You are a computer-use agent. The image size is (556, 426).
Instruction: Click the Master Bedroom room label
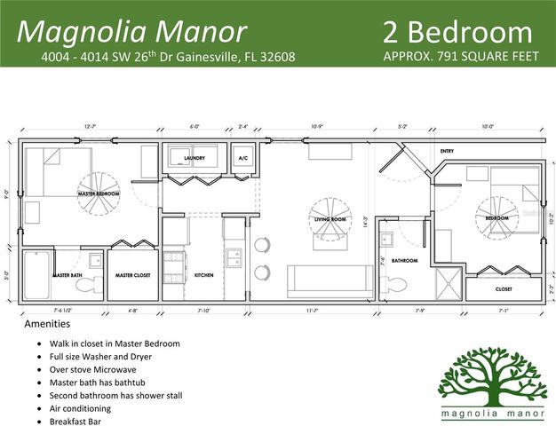99,193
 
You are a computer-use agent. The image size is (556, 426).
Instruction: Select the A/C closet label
242,158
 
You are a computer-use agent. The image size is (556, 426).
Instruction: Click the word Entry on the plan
447,151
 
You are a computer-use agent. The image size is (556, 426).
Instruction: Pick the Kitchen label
204,275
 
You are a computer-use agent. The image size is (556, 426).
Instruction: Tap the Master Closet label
133,275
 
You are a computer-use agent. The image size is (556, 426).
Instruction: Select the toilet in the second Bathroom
396,284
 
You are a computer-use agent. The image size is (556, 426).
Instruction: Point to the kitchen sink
234,259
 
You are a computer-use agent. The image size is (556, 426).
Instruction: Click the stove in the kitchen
174,261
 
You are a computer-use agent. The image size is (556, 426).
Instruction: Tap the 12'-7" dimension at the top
91,128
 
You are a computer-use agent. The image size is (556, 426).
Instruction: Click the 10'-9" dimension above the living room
319,128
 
